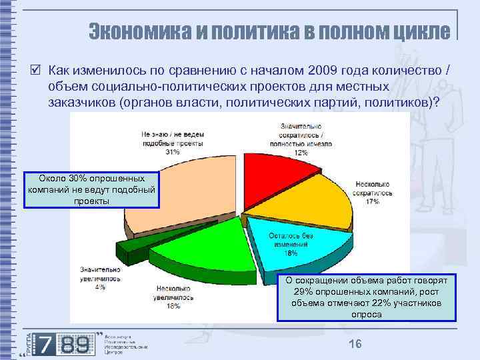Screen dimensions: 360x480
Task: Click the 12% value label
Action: click(301, 153)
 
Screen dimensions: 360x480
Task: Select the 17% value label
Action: click(372, 201)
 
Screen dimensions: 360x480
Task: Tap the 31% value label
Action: click(155, 152)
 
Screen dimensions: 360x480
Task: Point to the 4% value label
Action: click(100, 287)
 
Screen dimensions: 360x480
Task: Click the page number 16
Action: click(355, 343)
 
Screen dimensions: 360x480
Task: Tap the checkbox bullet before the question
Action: click(35, 71)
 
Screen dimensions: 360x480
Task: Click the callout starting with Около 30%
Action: click(93, 189)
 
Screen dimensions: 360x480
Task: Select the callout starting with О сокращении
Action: click(367, 297)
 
